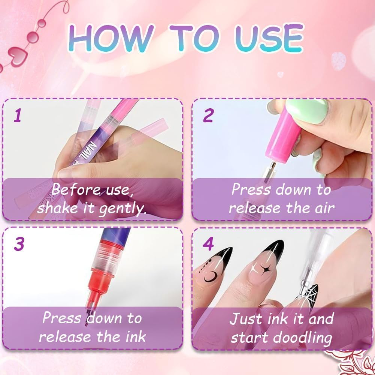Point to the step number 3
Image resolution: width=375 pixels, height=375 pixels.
pos(19,244)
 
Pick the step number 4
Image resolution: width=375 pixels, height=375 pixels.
pos(208,244)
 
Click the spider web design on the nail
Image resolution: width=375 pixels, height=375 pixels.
pos(309,294)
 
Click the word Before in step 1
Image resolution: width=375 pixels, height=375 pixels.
pos(73,190)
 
